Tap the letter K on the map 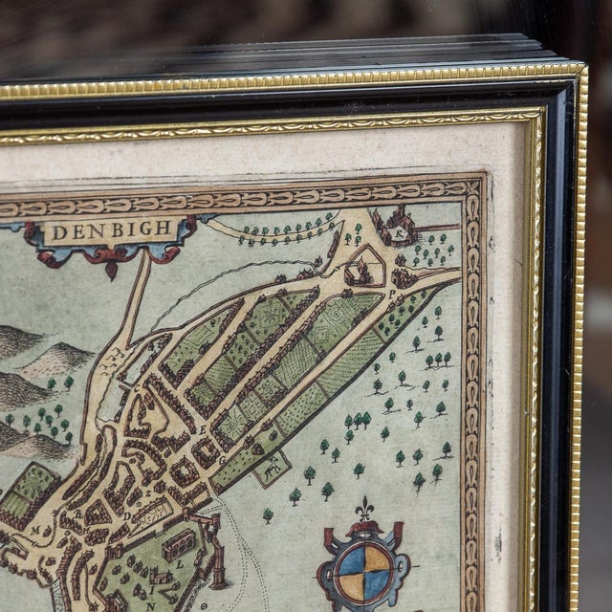(x=402, y=231)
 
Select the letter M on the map (x=36, y=529)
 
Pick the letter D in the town (x=127, y=516)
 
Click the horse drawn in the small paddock (x=273, y=469)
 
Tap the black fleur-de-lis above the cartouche (x=364, y=510)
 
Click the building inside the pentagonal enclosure (x=362, y=273)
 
